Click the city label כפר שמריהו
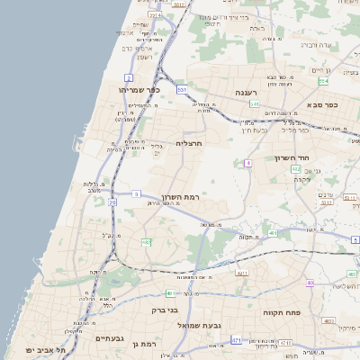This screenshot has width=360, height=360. click(139, 90)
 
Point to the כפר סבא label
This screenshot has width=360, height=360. click(319, 105)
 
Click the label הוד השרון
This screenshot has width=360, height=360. click(292, 157)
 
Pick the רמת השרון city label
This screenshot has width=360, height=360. click(180, 197)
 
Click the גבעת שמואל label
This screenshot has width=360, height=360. click(199, 324)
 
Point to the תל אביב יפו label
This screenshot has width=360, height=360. click(42, 348)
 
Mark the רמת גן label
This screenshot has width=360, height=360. click(143, 344)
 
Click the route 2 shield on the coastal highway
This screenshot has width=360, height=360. click(129, 78)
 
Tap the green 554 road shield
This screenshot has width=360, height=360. click(323, 81)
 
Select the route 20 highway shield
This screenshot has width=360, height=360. click(112, 203)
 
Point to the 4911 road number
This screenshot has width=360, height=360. click(240, 272)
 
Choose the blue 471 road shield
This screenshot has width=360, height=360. click(236, 340)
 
